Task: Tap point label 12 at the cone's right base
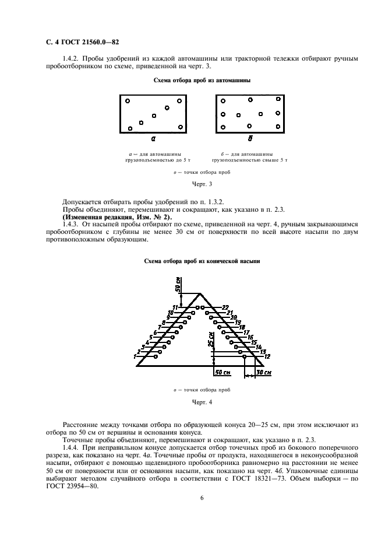(267, 356)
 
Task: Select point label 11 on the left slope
(175, 307)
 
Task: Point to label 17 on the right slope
(246, 332)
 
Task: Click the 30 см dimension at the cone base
(264, 372)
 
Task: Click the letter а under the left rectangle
(153, 139)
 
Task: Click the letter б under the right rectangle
(250, 139)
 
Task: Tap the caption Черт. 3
(193, 184)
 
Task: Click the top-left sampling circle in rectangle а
(127, 100)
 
